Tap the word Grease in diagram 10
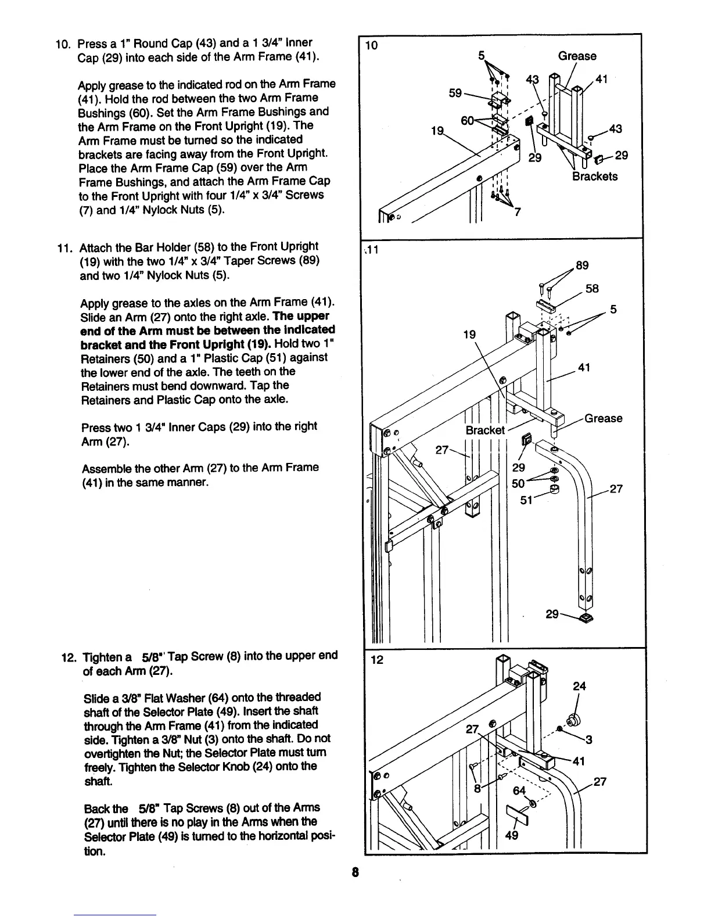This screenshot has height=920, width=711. (x=577, y=56)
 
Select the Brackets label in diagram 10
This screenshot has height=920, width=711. (x=595, y=177)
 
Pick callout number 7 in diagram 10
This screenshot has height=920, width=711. (x=517, y=212)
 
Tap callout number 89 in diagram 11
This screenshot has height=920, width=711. (x=581, y=265)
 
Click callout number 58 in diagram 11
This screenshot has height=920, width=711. (x=592, y=289)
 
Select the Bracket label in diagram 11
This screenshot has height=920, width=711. (x=485, y=430)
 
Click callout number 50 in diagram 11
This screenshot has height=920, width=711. (x=519, y=483)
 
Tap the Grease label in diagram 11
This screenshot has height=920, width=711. (x=603, y=418)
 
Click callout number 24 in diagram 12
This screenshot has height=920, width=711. (x=579, y=687)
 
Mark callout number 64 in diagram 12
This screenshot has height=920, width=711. (x=519, y=790)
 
